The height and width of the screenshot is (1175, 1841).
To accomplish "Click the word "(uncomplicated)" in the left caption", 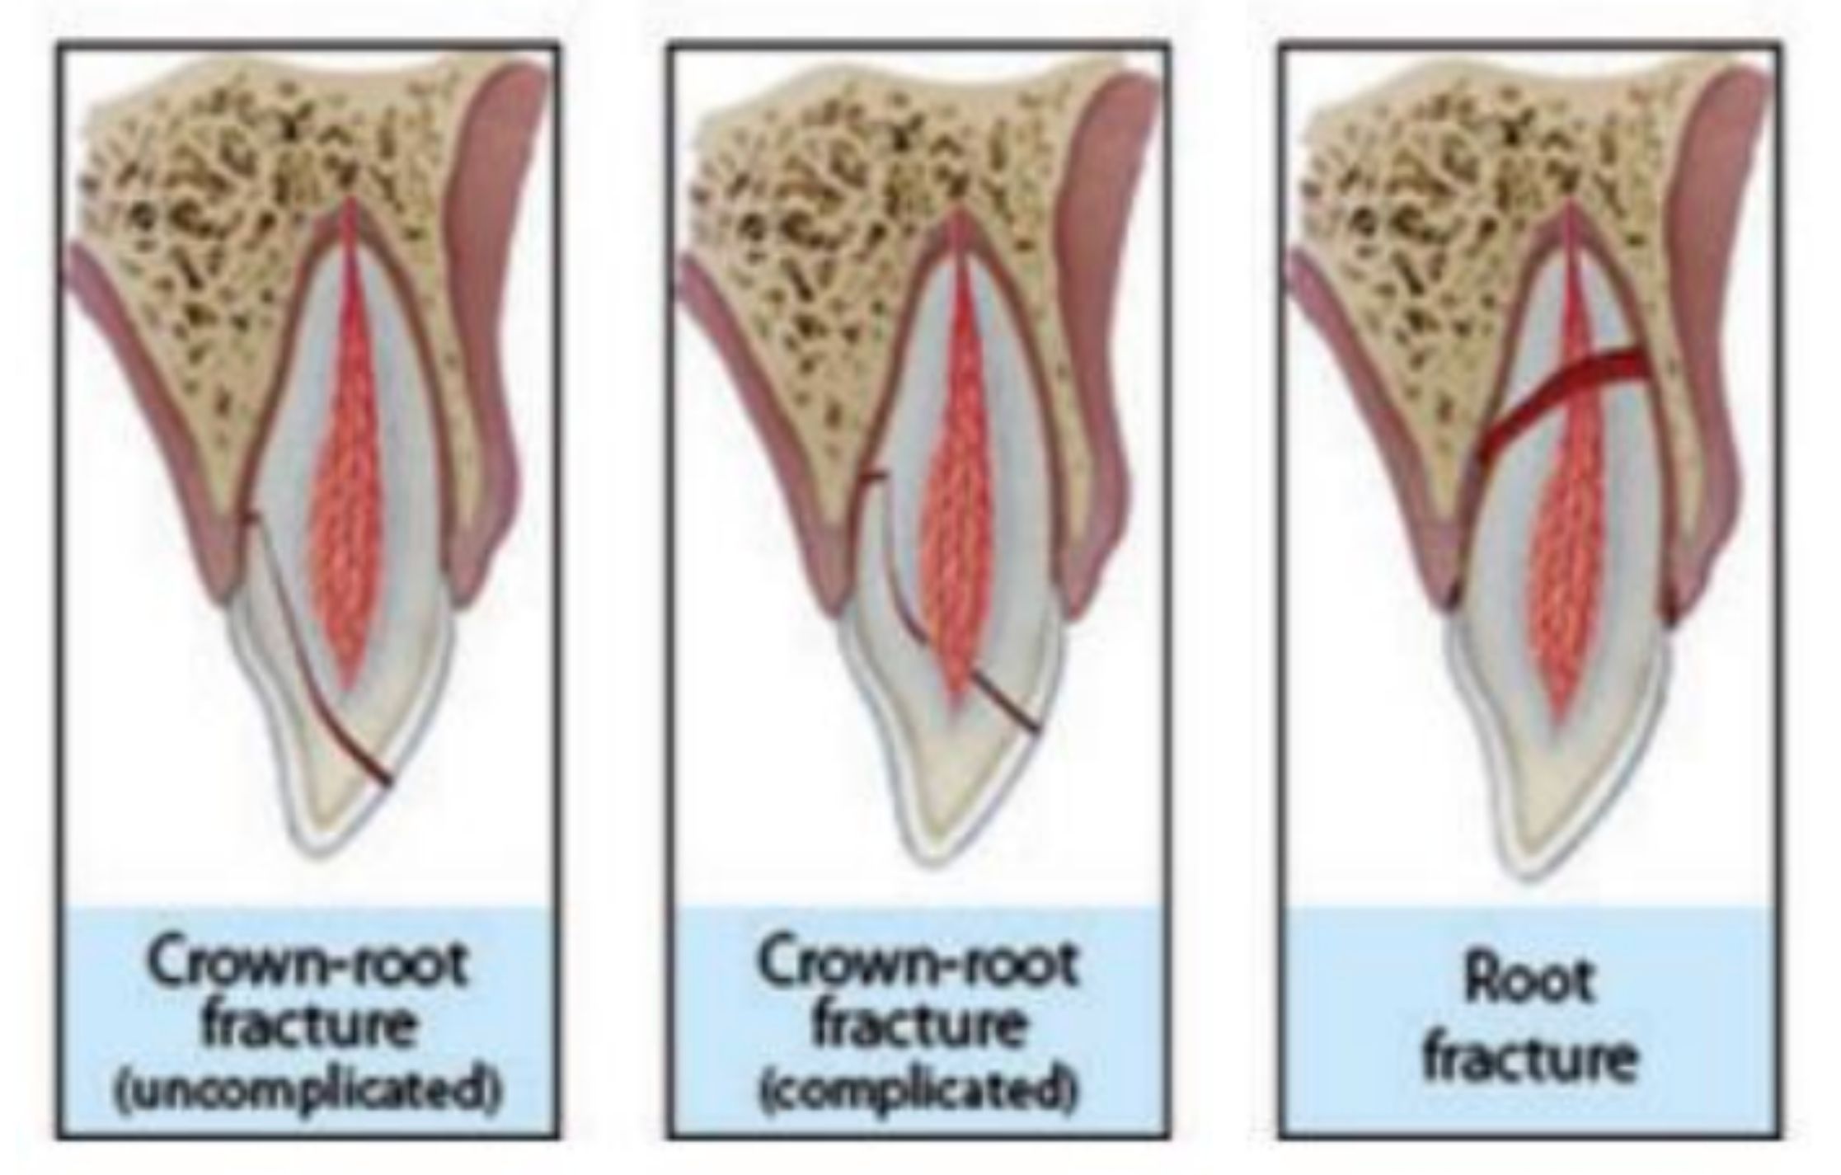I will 307,1090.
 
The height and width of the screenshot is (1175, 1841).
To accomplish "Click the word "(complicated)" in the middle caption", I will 918,1090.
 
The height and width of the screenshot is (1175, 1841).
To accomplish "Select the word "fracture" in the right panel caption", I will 1529,1058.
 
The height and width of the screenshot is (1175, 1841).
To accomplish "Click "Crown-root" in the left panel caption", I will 307,963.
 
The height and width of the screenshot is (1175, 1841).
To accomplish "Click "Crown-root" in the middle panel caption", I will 918,963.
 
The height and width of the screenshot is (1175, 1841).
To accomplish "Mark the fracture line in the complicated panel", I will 1002,701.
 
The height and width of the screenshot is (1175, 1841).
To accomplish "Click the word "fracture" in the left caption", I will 307,1027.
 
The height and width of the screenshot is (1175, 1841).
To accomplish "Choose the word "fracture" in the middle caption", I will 918,1027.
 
